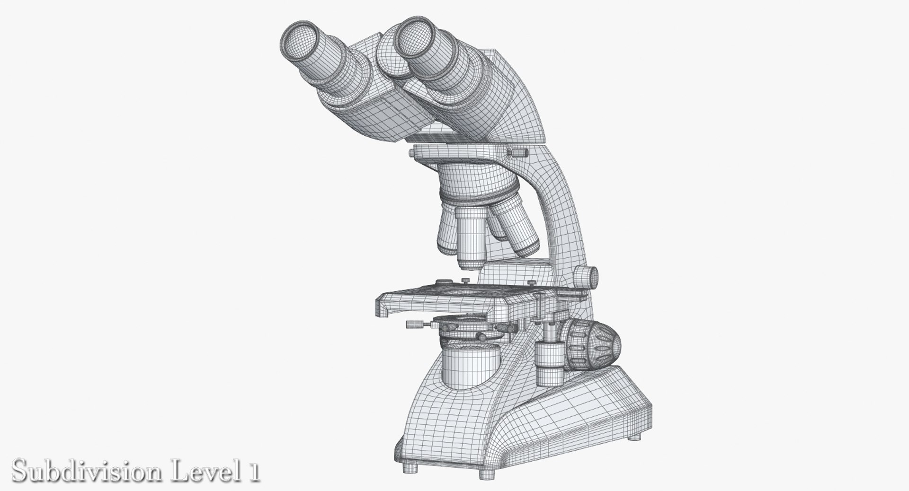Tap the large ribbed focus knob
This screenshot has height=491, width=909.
pyautogui.click(x=594, y=343)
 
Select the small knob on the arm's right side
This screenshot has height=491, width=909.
pyautogui.click(x=586, y=276)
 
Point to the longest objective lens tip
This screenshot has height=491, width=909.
pyautogui.click(x=470, y=263)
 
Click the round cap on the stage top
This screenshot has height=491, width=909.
pyautogui.click(x=443, y=282)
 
